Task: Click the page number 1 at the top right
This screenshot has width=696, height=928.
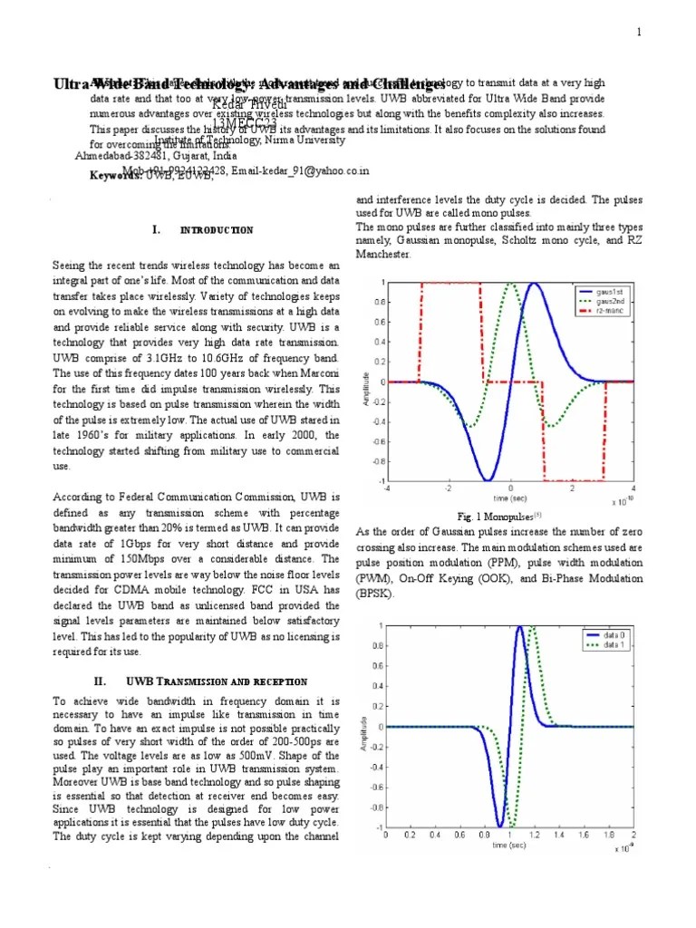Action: [639, 34]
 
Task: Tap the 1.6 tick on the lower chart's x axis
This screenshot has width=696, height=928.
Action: [584, 835]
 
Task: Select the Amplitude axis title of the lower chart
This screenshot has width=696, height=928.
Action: [365, 732]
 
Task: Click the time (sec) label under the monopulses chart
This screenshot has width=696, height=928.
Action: [510, 498]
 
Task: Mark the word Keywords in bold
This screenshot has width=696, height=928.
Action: [116, 177]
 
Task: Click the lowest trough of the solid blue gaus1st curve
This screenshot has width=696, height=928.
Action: [488, 479]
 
